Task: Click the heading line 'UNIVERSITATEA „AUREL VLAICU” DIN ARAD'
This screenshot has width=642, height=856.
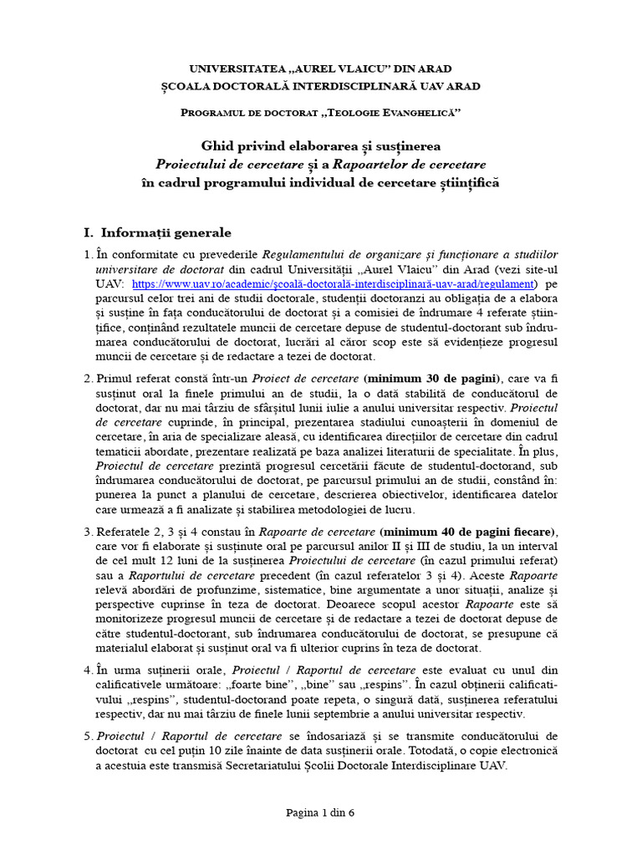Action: tap(321, 70)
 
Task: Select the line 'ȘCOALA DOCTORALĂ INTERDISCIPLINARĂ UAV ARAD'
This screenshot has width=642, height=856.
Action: tap(321, 85)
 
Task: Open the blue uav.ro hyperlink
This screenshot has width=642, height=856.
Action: tap(332, 284)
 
